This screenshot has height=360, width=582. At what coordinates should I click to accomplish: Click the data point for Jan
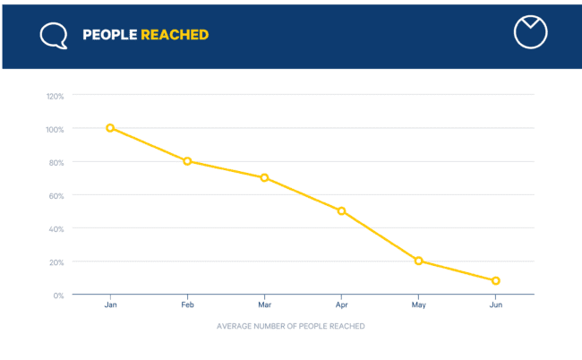click(x=110, y=128)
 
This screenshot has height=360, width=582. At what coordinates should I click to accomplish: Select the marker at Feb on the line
click(x=187, y=161)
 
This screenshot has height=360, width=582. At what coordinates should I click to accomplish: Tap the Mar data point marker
click(x=264, y=177)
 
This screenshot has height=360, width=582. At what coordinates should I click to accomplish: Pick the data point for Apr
click(x=341, y=211)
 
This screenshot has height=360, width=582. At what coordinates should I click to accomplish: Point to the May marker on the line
click(x=418, y=261)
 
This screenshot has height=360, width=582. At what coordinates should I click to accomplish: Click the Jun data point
click(x=495, y=281)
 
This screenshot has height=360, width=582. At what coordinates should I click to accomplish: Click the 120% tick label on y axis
click(x=55, y=96)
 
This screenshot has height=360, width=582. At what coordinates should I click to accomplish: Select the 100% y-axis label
click(x=55, y=129)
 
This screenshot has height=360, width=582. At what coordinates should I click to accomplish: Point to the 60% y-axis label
click(x=56, y=195)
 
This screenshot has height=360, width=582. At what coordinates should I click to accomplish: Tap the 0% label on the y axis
click(x=58, y=295)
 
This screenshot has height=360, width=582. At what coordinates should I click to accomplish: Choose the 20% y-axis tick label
click(x=56, y=261)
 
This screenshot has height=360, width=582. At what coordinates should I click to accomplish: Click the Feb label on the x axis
click(x=187, y=305)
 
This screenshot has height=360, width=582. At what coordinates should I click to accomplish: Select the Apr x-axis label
click(x=341, y=305)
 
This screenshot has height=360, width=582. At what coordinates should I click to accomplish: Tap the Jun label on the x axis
click(x=495, y=305)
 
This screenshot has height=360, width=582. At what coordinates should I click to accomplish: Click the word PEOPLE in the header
click(x=109, y=35)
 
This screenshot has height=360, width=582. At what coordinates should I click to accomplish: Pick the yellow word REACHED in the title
click(x=175, y=35)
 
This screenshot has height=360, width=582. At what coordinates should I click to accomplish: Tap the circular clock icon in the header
click(x=530, y=31)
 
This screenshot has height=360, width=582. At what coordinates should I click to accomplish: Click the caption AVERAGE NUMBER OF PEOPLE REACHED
click(x=291, y=326)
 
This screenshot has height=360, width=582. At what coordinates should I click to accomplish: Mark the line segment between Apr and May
click(x=380, y=236)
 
